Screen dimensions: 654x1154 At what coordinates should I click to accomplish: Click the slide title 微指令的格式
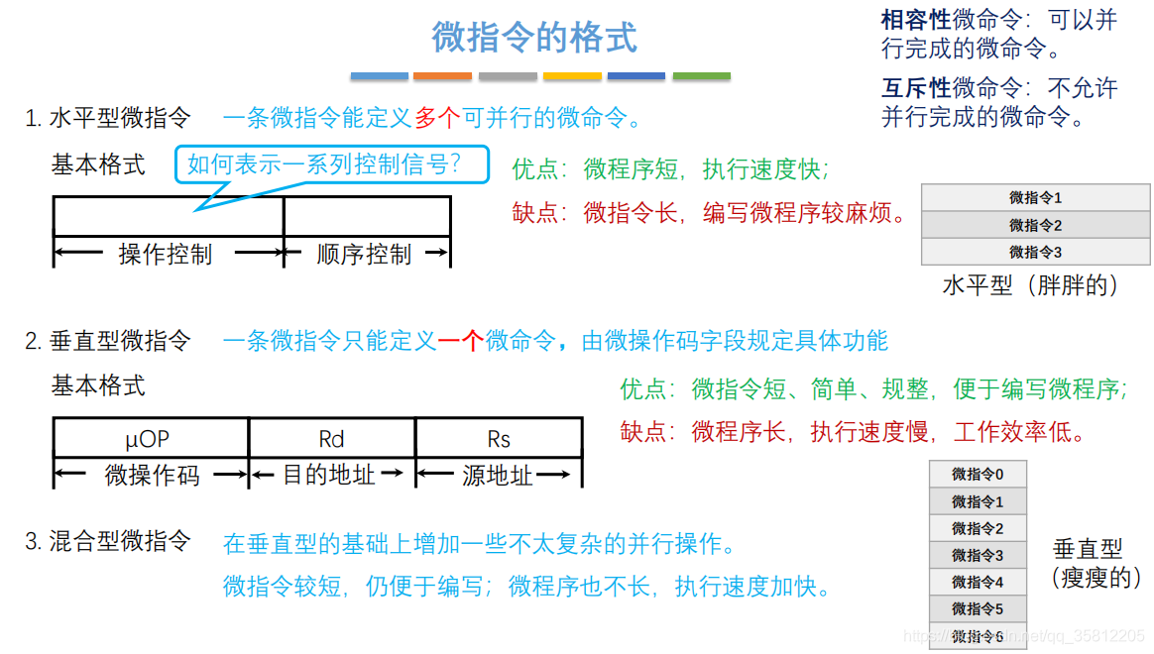(x=534, y=38)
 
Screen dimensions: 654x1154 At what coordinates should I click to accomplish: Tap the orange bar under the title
(x=442, y=76)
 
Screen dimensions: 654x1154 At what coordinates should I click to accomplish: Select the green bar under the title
(x=701, y=76)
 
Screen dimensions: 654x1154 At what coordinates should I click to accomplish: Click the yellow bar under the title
(x=572, y=76)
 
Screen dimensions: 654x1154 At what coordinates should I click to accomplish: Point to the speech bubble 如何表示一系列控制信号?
(x=332, y=163)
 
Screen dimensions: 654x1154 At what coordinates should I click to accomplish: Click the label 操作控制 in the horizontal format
(x=166, y=255)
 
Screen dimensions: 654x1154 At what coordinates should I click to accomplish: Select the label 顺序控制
(x=364, y=255)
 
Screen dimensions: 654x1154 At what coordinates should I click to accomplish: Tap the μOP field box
(x=151, y=438)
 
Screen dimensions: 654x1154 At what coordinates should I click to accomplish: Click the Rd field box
(x=331, y=438)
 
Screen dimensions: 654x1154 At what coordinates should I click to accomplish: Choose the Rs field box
(x=498, y=438)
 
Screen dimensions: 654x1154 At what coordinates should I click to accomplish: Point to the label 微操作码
(x=152, y=476)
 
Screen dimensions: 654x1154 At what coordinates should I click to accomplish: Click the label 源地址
(x=498, y=476)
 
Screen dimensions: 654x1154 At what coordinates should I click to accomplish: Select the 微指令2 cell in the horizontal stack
(x=1035, y=225)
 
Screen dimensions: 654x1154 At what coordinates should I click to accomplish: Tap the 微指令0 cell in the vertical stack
(x=978, y=475)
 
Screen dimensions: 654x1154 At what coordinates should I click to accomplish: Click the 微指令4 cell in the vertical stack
(x=978, y=582)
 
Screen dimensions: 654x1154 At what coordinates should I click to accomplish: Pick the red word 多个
(x=437, y=119)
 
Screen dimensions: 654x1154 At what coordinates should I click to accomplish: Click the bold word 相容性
(x=916, y=20)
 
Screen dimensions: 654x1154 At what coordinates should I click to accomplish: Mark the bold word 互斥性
(x=916, y=88)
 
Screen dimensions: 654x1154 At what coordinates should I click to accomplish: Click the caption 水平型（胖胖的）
(x=1031, y=285)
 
